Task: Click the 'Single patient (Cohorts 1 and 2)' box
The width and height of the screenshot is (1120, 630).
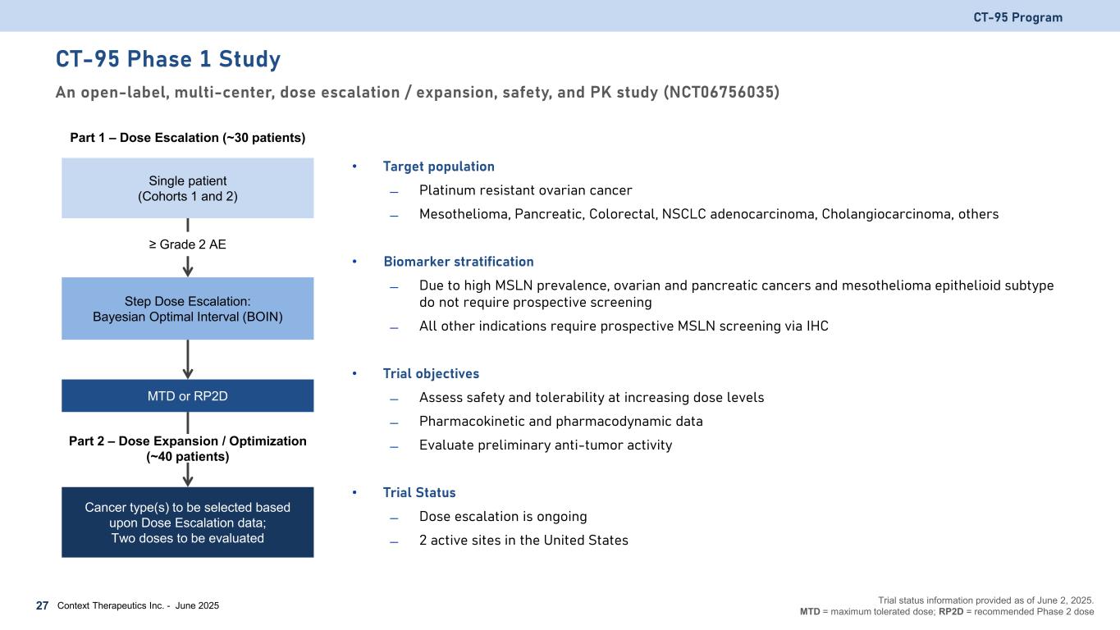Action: pyautogui.click(x=188, y=188)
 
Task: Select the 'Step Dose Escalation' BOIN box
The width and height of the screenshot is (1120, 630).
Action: pyautogui.click(x=188, y=308)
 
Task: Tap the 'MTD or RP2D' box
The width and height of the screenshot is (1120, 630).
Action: pyautogui.click(x=188, y=395)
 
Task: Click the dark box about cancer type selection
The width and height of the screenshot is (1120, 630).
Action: pyautogui.click(x=188, y=523)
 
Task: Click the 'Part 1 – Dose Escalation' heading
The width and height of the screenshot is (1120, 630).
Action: pyautogui.click(x=188, y=137)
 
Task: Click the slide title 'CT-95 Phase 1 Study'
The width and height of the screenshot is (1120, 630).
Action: pyautogui.click(x=168, y=60)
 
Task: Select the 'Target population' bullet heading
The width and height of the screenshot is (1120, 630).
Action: pyautogui.click(x=438, y=167)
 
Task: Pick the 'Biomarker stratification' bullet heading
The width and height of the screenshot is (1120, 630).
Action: pyautogui.click(x=458, y=262)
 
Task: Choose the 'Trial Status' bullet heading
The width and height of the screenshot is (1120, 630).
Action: pyautogui.click(x=418, y=492)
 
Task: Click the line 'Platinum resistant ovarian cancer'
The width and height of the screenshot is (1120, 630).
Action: pyautogui.click(x=525, y=190)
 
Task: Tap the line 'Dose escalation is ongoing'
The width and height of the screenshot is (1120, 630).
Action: pyautogui.click(x=502, y=516)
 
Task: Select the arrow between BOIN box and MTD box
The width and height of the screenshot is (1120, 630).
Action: pyautogui.click(x=188, y=358)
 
